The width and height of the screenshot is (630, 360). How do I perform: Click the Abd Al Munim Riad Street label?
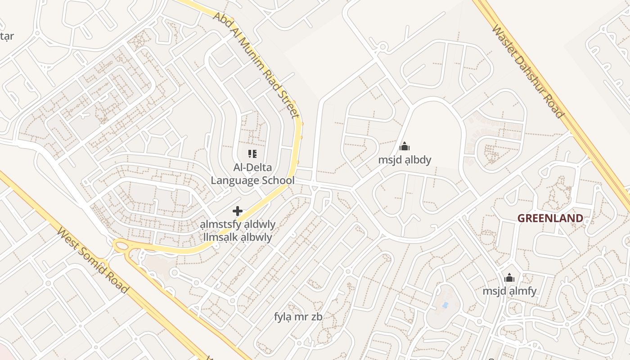[256, 65]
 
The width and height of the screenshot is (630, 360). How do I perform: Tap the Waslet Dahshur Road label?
[528, 71]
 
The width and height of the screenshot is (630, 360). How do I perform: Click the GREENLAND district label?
[550, 219]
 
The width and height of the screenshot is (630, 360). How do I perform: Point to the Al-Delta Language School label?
[252, 174]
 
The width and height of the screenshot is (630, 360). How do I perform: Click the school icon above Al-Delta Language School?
[252, 154]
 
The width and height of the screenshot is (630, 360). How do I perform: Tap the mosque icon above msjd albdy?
[405, 146]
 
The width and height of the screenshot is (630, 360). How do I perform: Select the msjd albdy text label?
[405, 160]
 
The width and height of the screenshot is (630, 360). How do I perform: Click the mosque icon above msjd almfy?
[509, 278]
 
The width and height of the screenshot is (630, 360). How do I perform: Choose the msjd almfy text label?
[509, 291]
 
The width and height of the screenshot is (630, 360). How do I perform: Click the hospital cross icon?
[237, 211]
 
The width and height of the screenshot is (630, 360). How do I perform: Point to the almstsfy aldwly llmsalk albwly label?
[238, 231]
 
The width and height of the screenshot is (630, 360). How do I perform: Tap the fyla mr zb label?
[298, 317]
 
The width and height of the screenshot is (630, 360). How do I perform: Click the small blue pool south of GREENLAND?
[445, 305]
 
